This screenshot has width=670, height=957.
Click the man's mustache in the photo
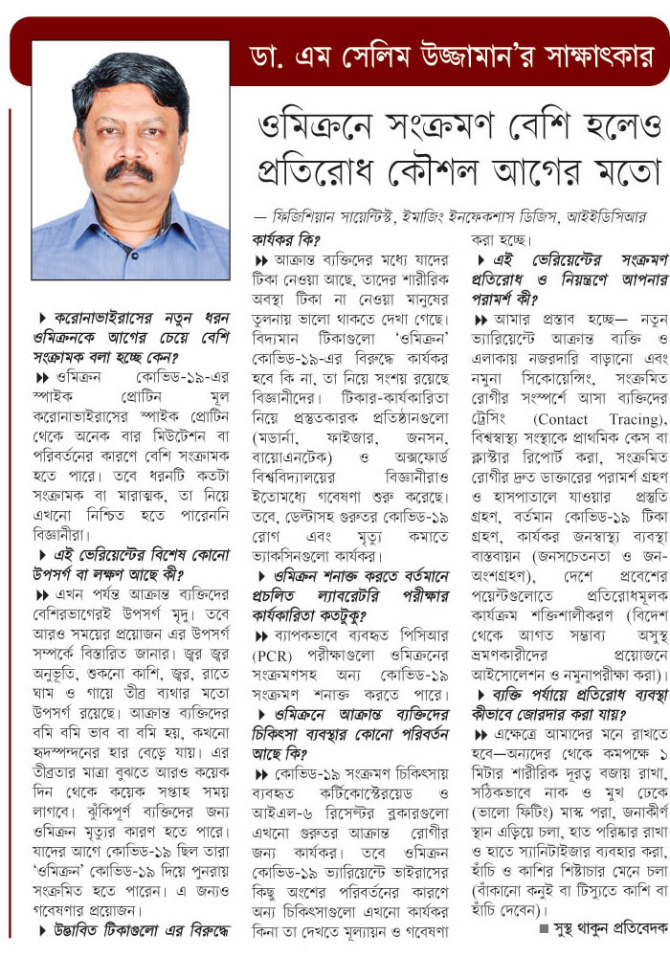[128, 170]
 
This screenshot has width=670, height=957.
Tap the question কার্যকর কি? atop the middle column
[286, 240]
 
